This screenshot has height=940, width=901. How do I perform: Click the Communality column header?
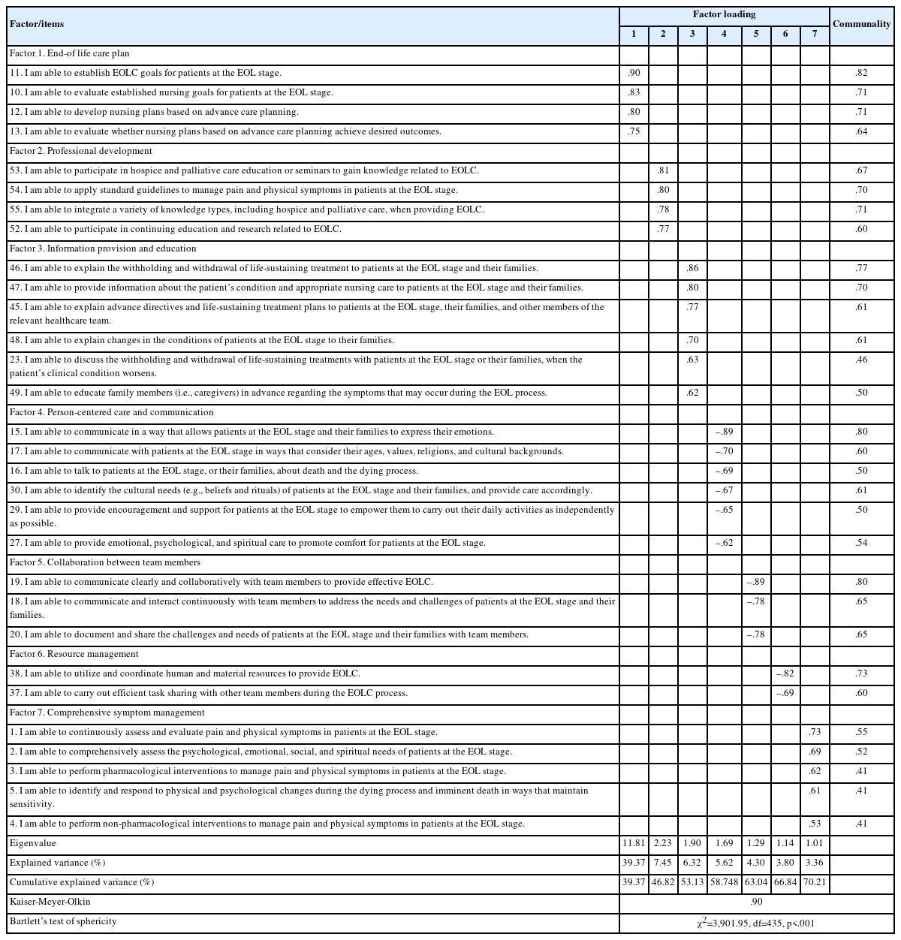pyautogui.click(x=861, y=24)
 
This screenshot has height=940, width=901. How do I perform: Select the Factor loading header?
pyautogui.click(x=724, y=14)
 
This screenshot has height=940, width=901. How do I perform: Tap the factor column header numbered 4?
pyautogui.click(x=724, y=35)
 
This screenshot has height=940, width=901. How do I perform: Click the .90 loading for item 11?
pyautogui.click(x=633, y=73)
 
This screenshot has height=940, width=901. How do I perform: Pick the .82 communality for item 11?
pyautogui.click(x=861, y=73)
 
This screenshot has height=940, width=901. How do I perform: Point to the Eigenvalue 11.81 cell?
pyautogui.click(x=634, y=843)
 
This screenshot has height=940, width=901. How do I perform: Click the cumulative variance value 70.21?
pyautogui.click(x=815, y=882)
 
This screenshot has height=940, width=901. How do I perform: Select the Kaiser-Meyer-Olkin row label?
pyautogui.click(x=50, y=902)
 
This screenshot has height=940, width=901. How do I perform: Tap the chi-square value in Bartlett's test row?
pyautogui.click(x=755, y=923)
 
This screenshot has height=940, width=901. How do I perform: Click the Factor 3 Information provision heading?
pyautogui.click(x=103, y=249)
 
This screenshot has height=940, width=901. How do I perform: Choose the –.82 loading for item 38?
pyautogui.click(x=785, y=673)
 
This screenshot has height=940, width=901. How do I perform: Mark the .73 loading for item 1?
pyautogui.click(x=815, y=732)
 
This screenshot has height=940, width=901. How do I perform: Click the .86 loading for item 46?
pyautogui.click(x=692, y=268)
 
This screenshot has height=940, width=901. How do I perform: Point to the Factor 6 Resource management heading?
pyautogui.click(x=74, y=654)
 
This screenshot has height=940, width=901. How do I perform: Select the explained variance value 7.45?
pyautogui.click(x=663, y=863)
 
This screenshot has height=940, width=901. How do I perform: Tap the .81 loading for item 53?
pyautogui.click(x=663, y=170)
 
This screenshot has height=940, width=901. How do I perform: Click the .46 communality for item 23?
pyautogui.click(x=861, y=360)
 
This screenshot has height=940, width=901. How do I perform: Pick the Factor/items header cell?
pyautogui.click(x=37, y=24)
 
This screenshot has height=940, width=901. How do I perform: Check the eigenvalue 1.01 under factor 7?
pyautogui.click(x=815, y=843)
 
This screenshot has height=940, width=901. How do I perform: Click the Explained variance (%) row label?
pyautogui.click(x=58, y=863)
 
